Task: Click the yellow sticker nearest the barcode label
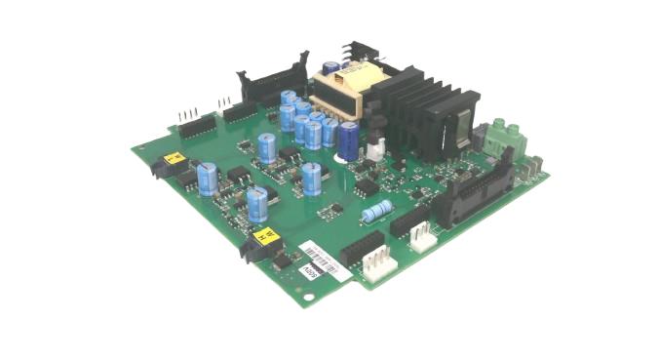click(262, 235)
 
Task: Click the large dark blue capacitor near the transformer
click(348, 141)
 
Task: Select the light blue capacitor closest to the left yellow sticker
click(207, 179)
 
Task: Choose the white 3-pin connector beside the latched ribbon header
click(422, 236)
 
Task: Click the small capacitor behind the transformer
click(332, 68)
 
